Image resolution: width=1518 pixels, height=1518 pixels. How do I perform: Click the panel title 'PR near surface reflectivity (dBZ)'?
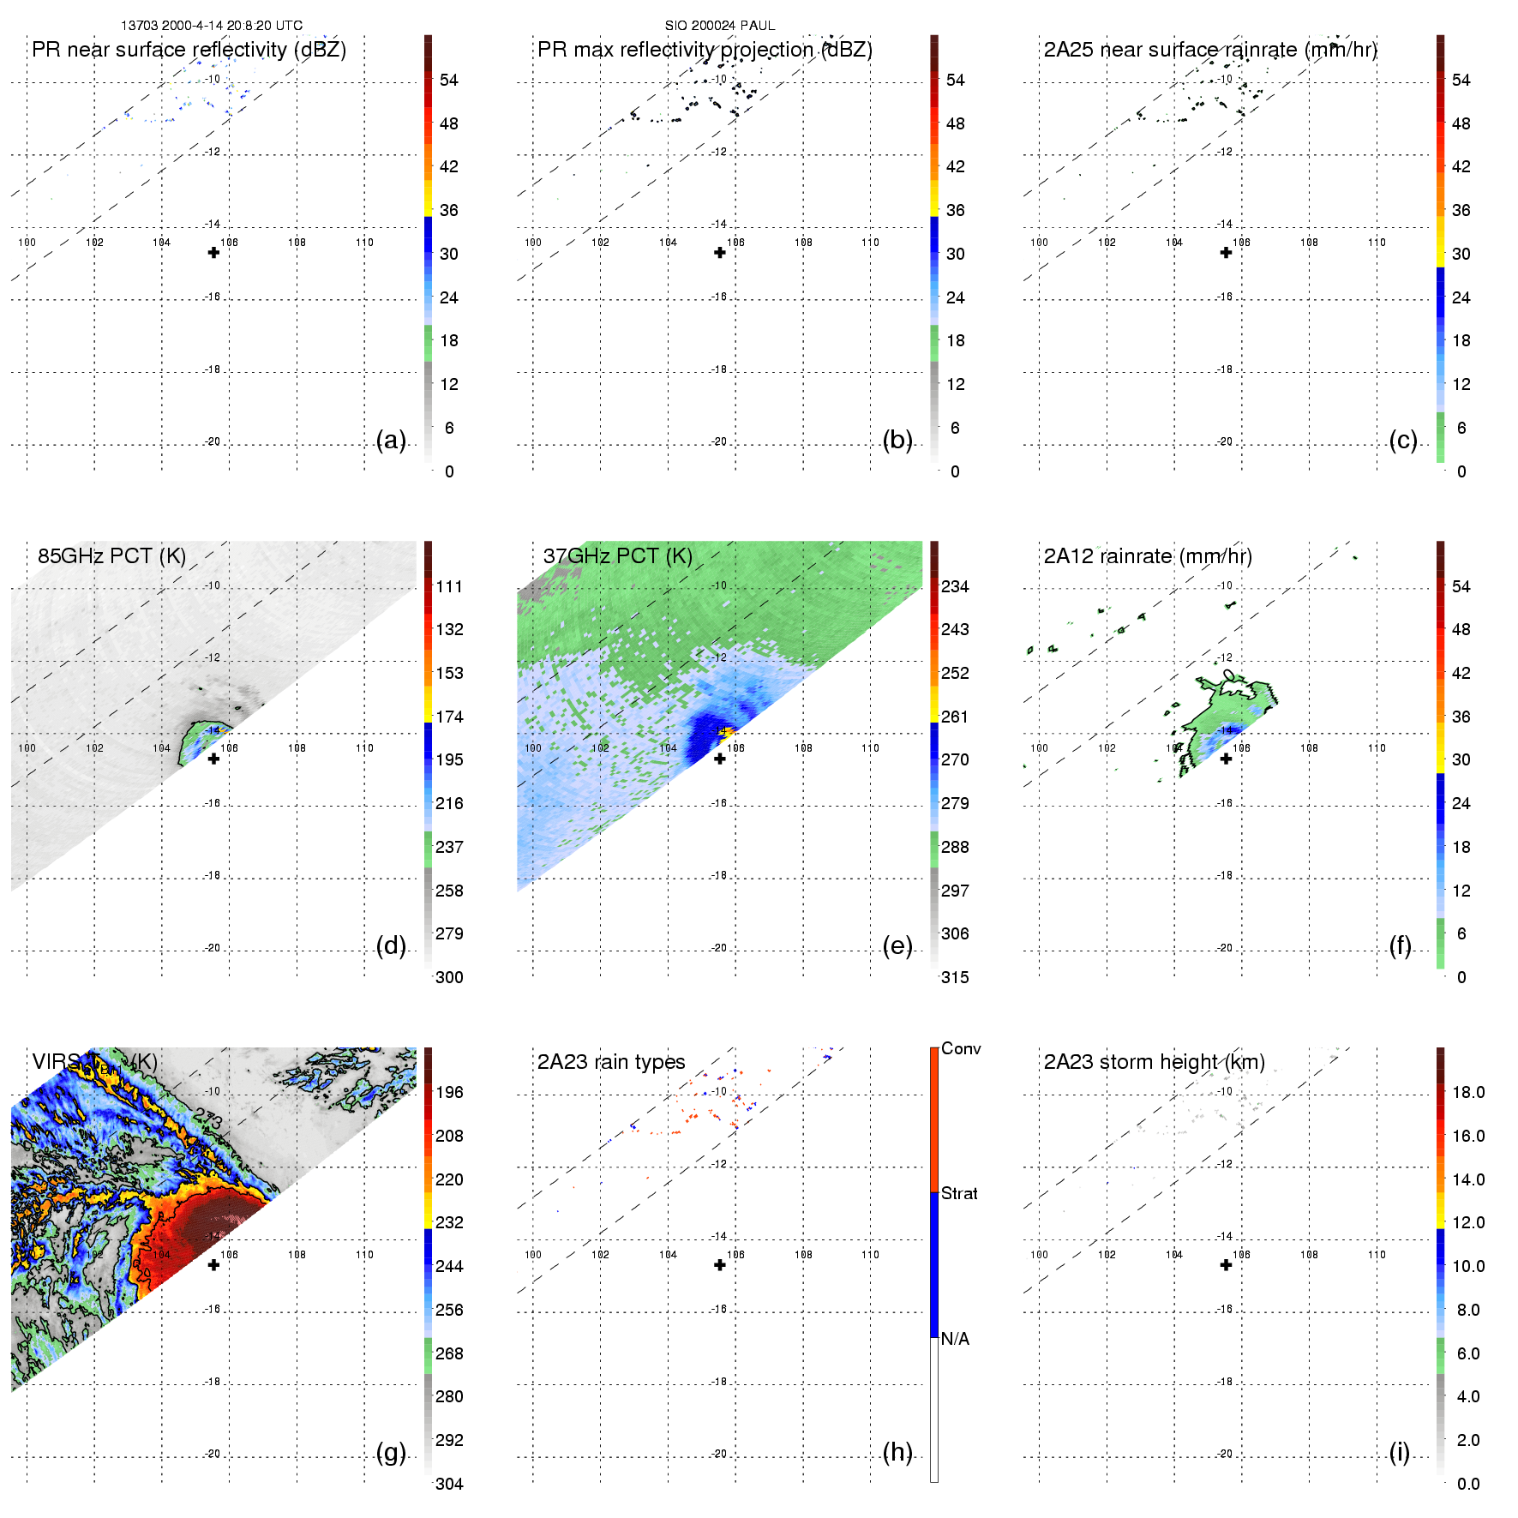[x=189, y=50]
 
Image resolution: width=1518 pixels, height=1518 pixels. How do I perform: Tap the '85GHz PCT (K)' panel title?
[x=111, y=555]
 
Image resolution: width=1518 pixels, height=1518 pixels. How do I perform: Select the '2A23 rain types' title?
[x=611, y=1062]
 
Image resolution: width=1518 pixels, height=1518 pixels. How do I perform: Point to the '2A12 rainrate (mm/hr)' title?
[x=1148, y=555]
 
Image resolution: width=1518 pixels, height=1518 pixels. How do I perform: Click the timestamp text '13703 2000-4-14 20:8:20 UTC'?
[x=212, y=26]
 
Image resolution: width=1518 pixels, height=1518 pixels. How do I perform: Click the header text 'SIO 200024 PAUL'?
[x=720, y=26]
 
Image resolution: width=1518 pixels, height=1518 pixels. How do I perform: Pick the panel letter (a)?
[x=391, y=440]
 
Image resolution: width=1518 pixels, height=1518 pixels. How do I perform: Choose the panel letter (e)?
[x=897, y=945]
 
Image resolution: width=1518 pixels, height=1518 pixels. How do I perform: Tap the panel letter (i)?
[x=1400, y=1452]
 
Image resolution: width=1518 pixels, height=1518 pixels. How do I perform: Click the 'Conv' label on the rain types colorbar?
[x=961, y=1048]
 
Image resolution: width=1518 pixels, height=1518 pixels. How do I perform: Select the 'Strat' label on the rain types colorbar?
[x=959, y=1193]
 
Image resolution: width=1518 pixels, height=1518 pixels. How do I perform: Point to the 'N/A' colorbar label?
[x=955, y=1339]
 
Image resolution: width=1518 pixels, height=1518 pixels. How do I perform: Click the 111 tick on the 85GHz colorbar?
[x=449, y=586]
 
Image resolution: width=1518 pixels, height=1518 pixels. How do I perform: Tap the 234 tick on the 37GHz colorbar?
[x=955, y=586]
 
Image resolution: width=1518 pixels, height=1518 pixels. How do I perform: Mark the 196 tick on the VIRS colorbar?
[x=449, y=1092]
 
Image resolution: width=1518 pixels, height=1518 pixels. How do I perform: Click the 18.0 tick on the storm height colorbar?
[x=1468, y=1092]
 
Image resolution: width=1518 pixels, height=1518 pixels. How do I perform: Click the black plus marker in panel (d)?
[x=214, y=759]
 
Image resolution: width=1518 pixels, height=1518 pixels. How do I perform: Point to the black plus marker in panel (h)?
[x=720, y=1265]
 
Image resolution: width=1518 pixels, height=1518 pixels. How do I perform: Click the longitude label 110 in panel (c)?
[x=1377, y=243]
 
